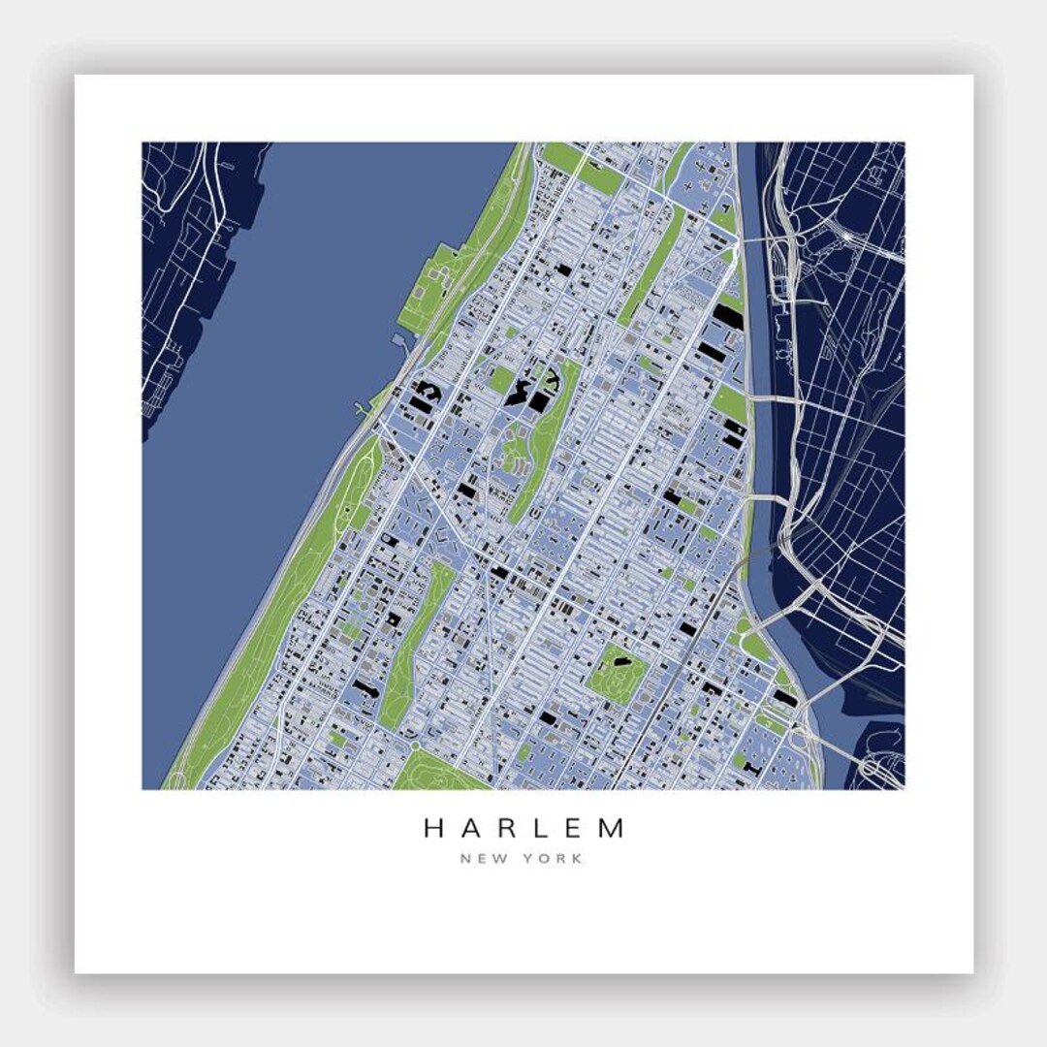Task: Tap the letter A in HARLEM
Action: (x=473, y=829)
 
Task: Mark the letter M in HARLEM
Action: (x=613, y=829)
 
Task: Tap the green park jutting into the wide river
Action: (x=427, y=286)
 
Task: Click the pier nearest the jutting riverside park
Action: (x=399, y=341)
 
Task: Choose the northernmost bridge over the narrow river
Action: (x=766, y=237)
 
